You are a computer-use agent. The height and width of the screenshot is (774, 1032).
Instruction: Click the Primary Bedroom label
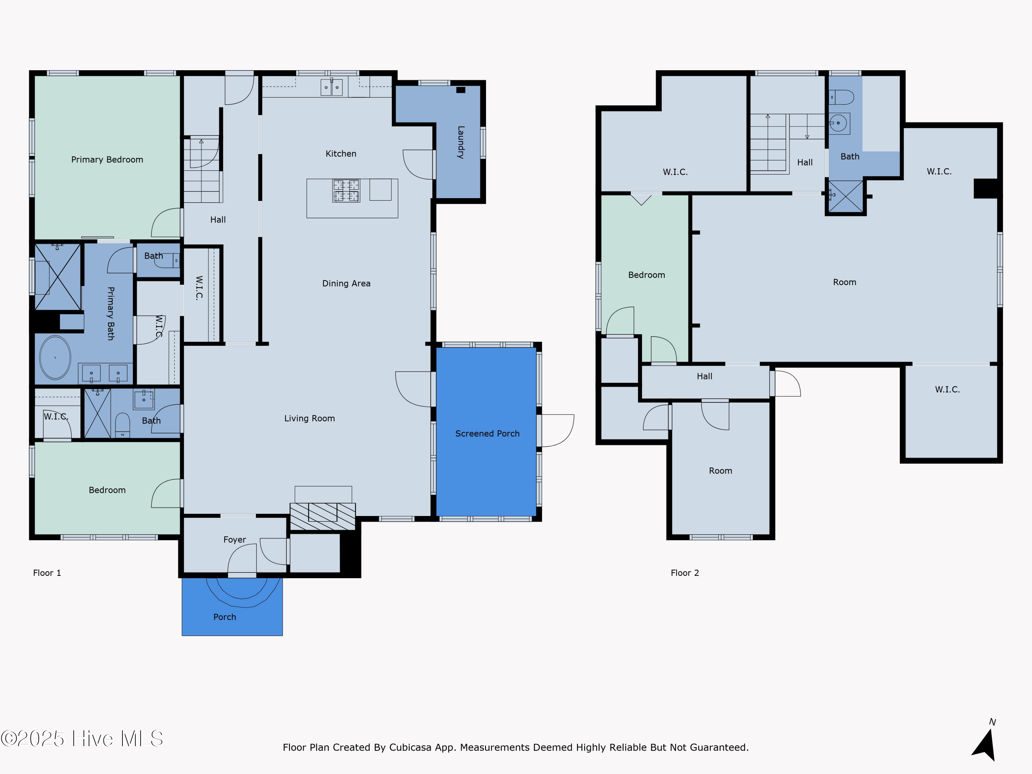click(107, 160)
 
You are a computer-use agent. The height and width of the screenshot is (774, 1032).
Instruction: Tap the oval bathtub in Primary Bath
click(55, 357)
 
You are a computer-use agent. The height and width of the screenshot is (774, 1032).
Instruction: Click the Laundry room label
click(461, 142)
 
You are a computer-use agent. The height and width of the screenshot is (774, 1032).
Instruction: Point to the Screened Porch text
click(487, 433)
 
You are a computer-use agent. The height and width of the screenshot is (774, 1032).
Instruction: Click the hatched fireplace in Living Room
click(322, 516)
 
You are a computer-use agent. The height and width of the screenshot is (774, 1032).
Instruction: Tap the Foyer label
click(234, 539)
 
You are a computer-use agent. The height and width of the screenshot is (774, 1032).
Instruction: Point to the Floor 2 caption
click(685, 573)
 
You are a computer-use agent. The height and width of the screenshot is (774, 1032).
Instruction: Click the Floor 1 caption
click(47, 573)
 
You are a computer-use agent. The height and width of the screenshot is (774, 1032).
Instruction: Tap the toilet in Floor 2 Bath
click(842, 97)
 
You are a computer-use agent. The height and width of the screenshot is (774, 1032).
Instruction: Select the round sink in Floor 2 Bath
click(838, 123)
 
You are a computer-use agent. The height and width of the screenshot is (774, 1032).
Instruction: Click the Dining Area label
click(346, 283)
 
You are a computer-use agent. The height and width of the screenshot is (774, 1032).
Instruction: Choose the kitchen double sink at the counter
click(331, 87)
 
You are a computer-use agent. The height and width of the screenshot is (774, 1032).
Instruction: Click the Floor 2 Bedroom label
click(646, 275)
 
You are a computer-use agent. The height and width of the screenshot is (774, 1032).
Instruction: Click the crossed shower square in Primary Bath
click(58, 277)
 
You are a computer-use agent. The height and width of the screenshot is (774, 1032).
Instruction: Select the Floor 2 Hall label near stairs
click(804, 162)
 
